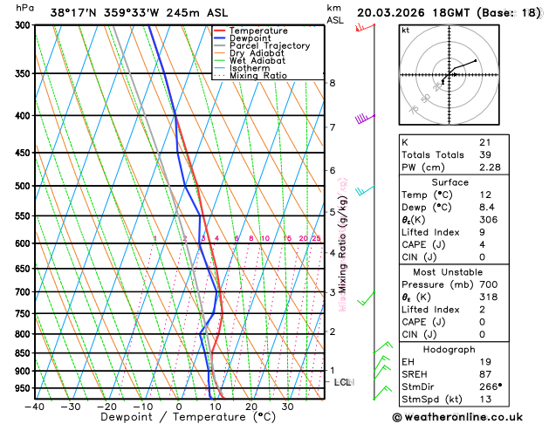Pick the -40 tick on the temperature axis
point(35,407)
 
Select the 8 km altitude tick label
point(333,83)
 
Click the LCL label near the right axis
point(343,382)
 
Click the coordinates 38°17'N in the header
point(76,13)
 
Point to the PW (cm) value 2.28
point(490,168)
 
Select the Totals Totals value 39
point(484,154)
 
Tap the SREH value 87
point(484,374)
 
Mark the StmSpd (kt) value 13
point(484,400)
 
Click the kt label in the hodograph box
point(405,31)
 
